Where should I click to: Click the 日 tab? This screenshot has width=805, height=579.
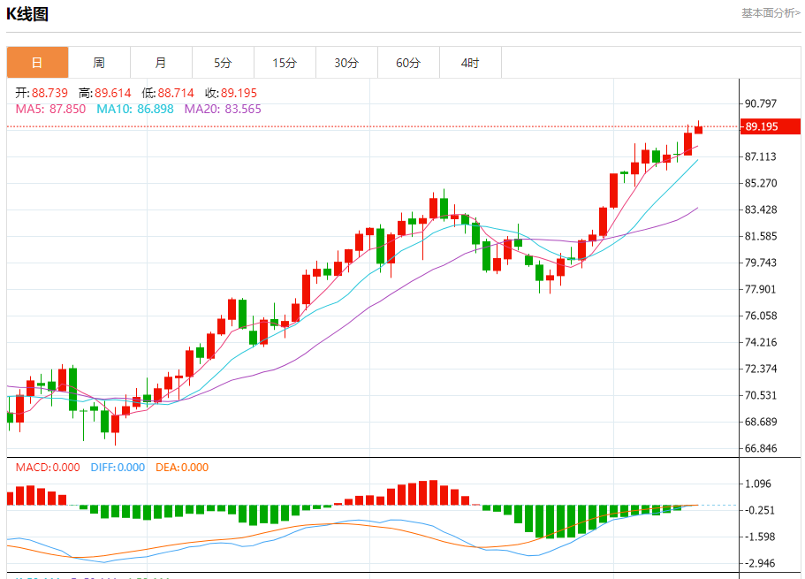37,63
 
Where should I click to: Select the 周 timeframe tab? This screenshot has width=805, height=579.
99,63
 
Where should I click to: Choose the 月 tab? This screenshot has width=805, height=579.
161,63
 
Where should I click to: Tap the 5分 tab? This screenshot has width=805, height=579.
223,63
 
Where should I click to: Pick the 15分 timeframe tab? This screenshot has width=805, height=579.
285,63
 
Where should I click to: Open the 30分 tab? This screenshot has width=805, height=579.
346,63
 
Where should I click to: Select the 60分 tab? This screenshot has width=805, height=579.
408,63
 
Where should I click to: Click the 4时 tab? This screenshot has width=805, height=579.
470,63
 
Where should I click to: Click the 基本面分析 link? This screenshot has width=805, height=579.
771,13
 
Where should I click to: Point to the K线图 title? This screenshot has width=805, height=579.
27,14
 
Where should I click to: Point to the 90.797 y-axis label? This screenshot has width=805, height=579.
762,103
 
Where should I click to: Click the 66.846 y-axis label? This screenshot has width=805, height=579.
762,448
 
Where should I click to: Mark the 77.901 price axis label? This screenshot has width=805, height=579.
762,289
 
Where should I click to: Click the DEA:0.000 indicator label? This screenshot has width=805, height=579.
182,468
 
